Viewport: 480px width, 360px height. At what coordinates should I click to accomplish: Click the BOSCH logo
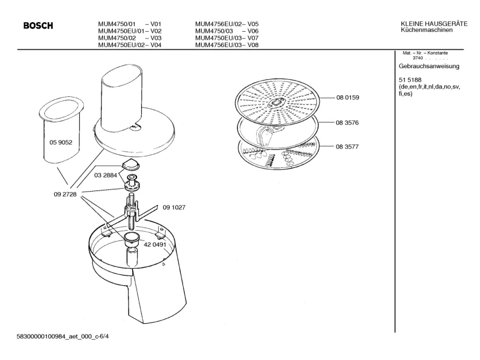tap(38, 26)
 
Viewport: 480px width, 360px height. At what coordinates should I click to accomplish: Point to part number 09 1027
tap(174, 207)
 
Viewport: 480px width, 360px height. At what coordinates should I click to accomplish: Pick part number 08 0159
tap(347, 98)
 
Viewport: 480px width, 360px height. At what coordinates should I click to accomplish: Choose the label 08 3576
tap(347, 122)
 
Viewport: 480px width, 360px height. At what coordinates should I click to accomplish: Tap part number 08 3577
tap(347, 146)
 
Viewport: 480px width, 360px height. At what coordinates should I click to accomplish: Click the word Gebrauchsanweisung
tap(429, 66)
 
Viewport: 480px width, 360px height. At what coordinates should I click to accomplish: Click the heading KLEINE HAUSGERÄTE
tap(434, 23)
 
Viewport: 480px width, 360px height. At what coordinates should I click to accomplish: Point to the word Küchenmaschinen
tap(426, 29)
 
